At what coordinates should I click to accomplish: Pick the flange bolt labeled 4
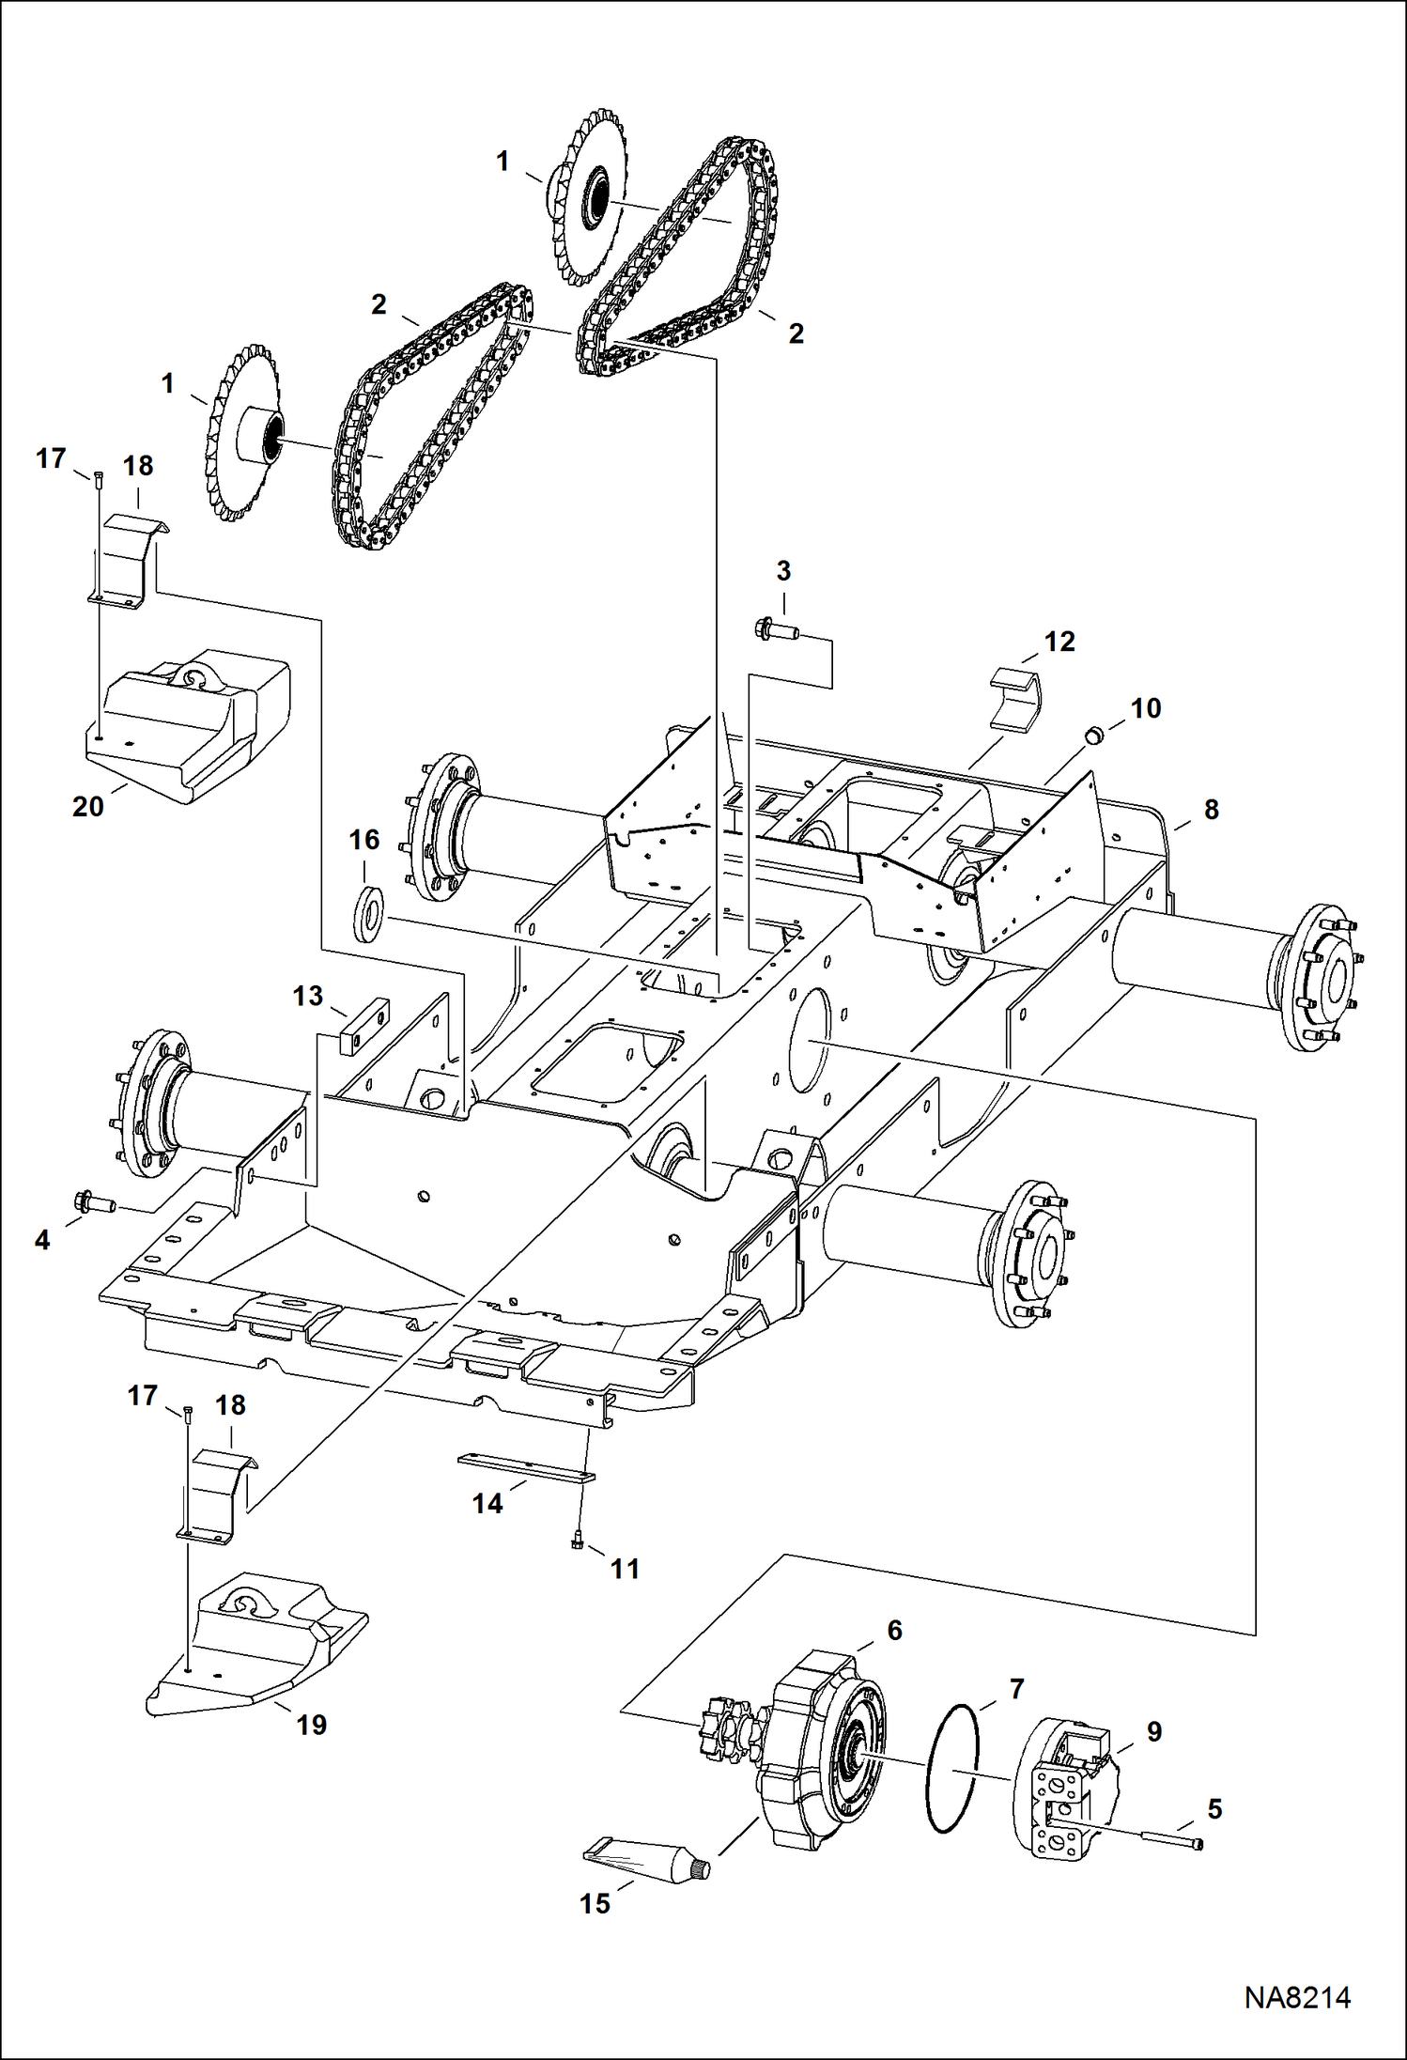click(92, 1201)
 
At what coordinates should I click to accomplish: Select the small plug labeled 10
click(1093, 734)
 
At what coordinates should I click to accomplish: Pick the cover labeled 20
click(188, 728)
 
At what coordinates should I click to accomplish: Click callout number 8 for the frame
click(1211, 810)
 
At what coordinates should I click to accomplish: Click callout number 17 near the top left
click(51, 458)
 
